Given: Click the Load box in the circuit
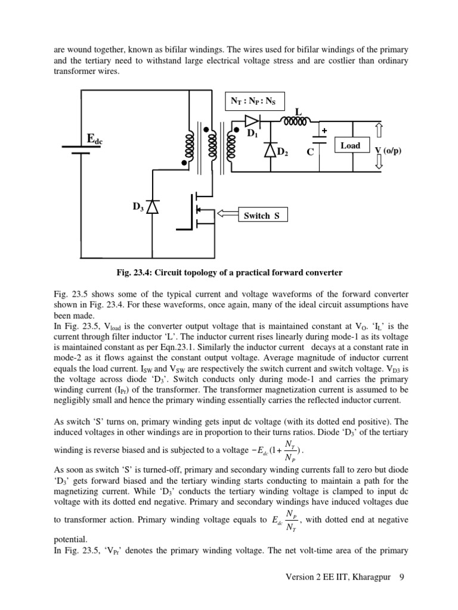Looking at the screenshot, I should pyautogui.click(x=351, y=145).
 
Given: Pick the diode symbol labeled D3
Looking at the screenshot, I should pyautogui.click(x=153, y=207).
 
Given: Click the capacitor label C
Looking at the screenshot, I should pyautogui.click(x=310, y=152).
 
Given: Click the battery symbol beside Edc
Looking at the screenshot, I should pyautogui.click(x=76, y=147).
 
